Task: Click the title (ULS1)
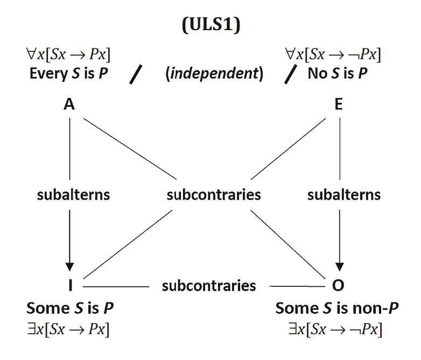click(210, 26)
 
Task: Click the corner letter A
click(69, 105)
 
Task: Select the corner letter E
click(338, 105)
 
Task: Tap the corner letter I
click(70, 285)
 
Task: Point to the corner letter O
click(339, 285)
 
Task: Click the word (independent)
click(214, 74)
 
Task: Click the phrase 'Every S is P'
click(67, 73)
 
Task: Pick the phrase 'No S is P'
click(338, 73)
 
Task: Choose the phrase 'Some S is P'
click(69, 309)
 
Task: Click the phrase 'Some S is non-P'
click(337, 309)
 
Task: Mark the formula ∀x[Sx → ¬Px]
click(333, 55)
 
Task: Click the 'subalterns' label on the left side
click(73, 194)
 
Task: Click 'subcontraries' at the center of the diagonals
click(213, 194)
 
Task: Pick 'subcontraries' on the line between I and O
click(209, 285)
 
